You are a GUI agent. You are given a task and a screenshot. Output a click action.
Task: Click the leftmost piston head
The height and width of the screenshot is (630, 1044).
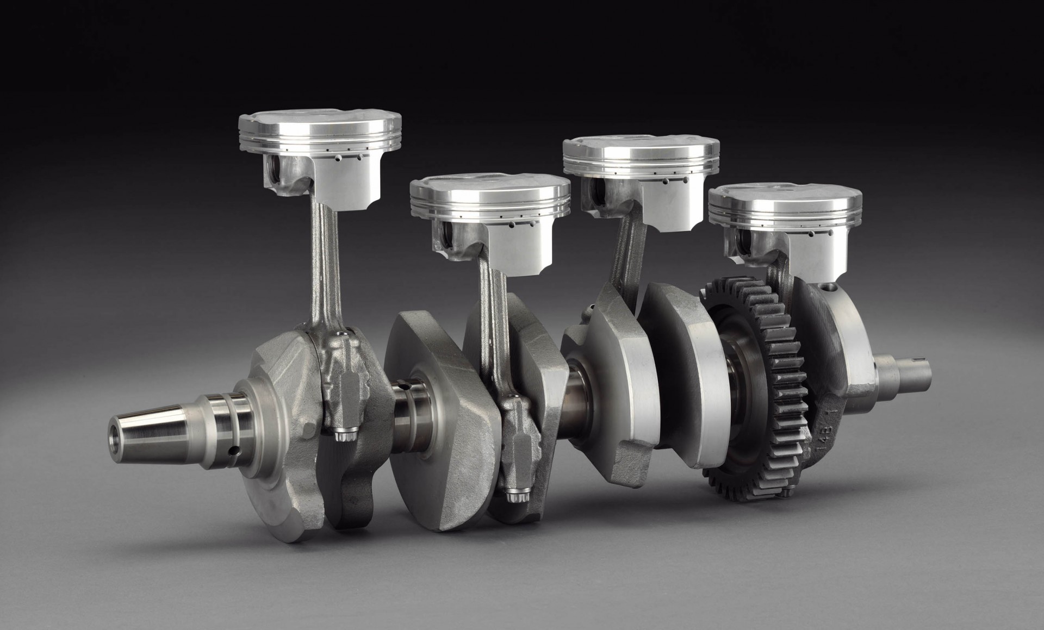click(x=320, y=136)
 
